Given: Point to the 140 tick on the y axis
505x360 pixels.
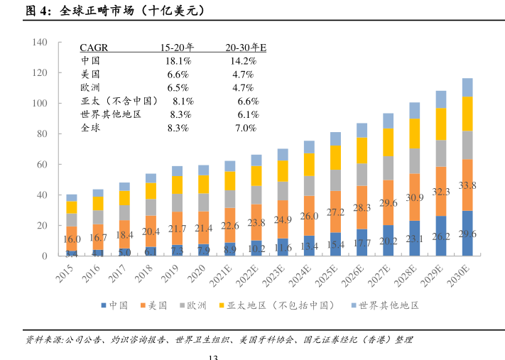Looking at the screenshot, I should click(40, 43).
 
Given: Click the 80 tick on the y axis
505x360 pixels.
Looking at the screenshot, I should click(42, 133).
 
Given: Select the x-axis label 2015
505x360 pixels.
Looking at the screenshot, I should click(67, 273).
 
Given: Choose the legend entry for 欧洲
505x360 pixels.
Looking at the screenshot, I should click(192, 305).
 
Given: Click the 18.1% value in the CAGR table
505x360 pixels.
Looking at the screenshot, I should click(178, 62).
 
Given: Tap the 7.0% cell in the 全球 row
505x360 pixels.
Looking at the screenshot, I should click(245, 129).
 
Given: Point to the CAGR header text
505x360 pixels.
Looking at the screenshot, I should click(94, 48).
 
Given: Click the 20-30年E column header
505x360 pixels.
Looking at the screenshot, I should click(245, 48).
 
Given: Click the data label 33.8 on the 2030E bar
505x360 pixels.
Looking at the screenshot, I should click(467, 186).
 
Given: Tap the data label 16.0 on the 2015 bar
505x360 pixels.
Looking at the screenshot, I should click(72, 239).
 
